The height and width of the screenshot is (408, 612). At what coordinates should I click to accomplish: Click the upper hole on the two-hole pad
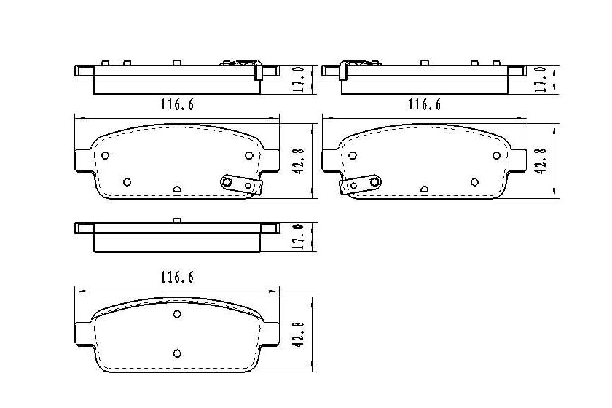177,314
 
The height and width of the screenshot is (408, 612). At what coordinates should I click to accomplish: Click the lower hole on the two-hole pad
177,353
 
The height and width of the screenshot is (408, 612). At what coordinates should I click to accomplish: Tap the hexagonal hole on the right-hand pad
353,155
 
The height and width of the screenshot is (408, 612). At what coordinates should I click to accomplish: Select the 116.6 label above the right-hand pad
424,105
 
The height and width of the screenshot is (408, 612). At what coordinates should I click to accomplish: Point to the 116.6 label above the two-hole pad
177,278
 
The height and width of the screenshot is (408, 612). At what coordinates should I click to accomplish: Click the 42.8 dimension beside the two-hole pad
298,334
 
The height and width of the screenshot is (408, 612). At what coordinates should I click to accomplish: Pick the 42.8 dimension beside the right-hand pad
541,161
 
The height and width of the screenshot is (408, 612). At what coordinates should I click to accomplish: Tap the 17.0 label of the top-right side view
541,79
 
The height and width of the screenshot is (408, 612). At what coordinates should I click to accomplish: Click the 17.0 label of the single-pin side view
298,237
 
